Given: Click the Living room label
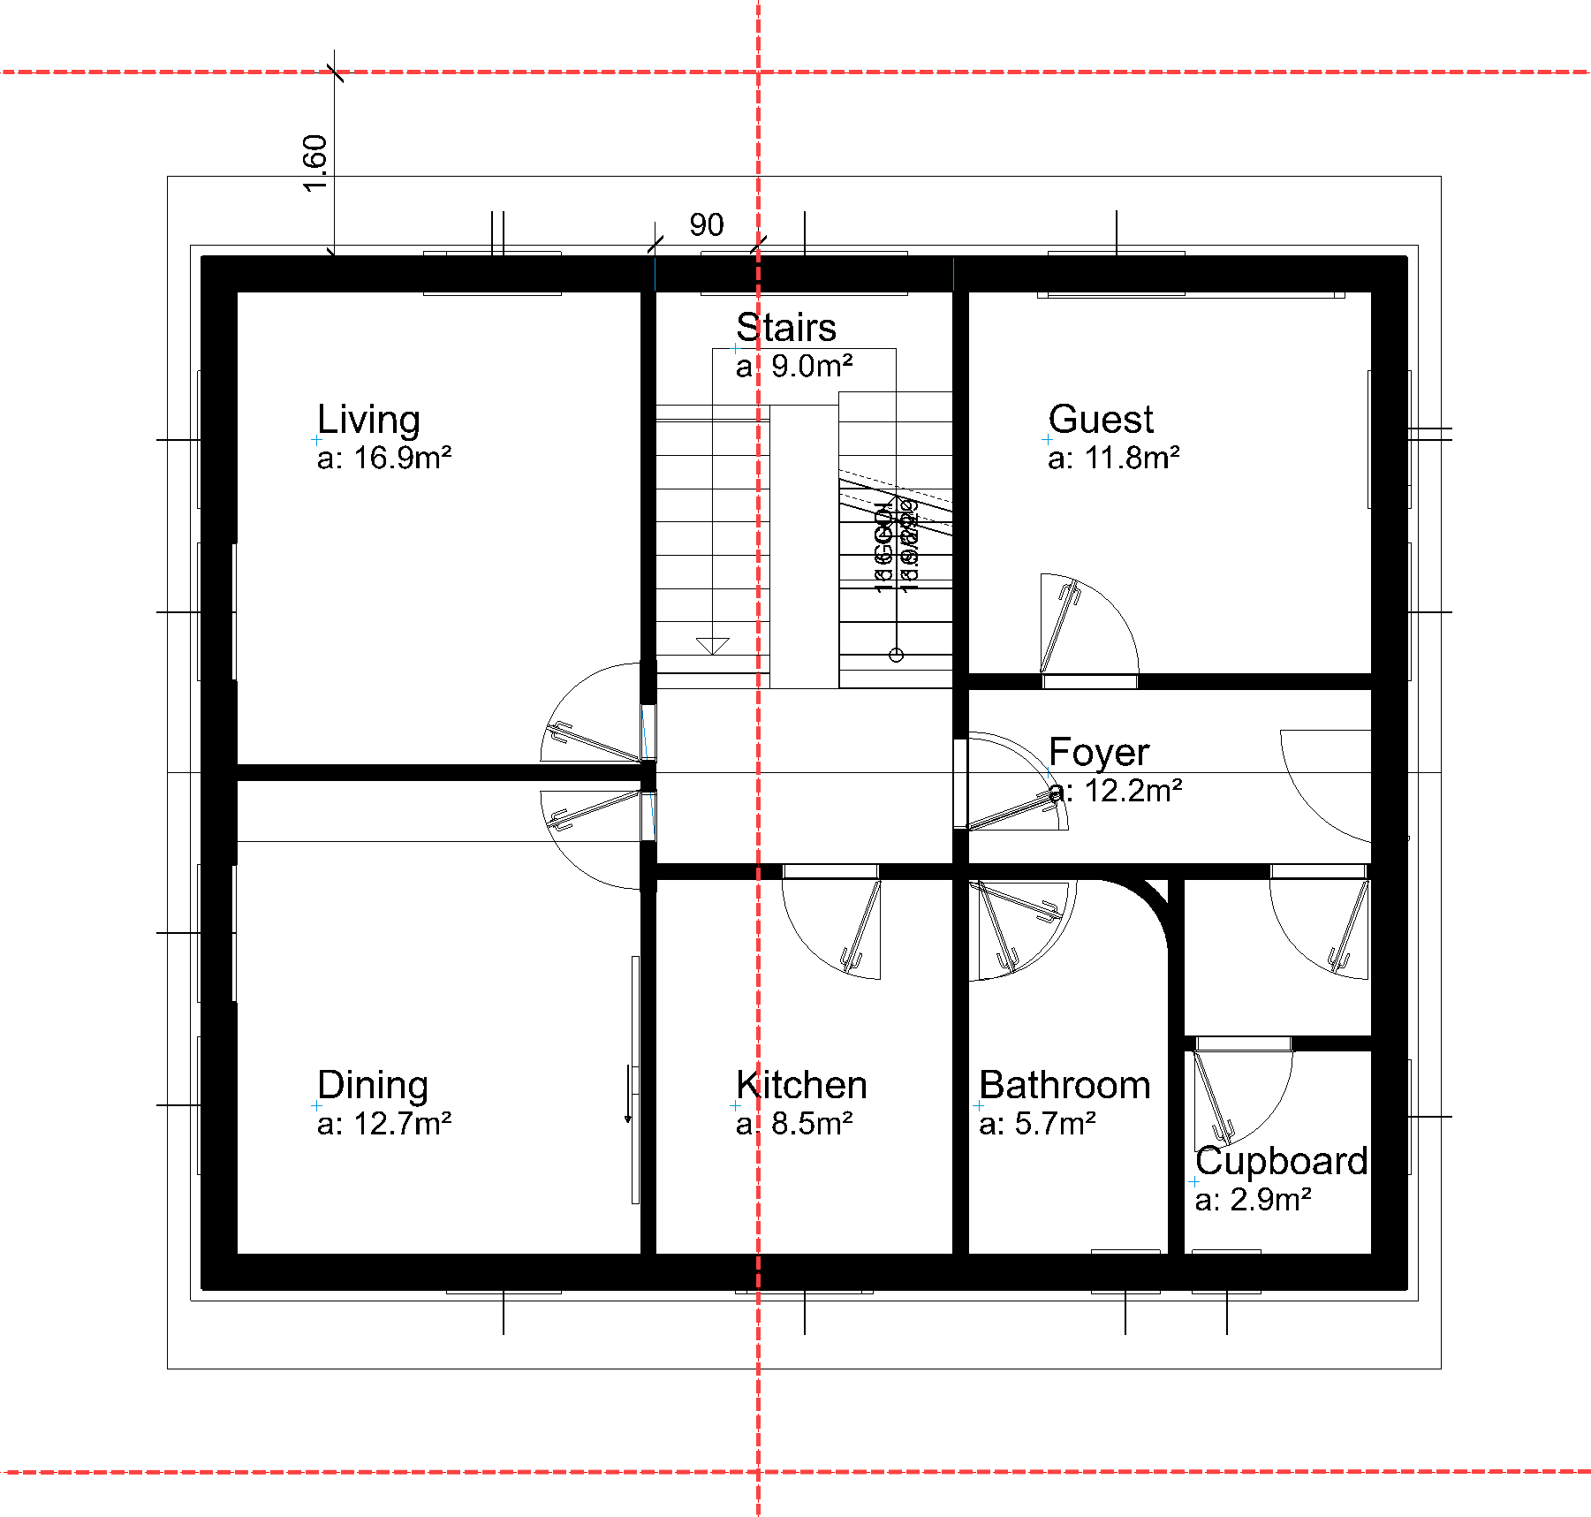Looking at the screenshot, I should pos(368,420).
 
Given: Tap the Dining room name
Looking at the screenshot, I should pos(372,1085).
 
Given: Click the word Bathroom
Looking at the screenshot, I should pos(1064,1085).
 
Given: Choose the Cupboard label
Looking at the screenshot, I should pos(1281,1161).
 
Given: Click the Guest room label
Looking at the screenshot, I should pos(1101,420).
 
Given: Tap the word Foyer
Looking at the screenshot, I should pos(1099,753).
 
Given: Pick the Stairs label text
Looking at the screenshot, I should pos(786,328).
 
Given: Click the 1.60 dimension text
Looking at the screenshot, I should pos(315,163).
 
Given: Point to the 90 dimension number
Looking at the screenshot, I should pos(707,225).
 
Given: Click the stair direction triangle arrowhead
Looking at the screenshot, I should pos(712,646).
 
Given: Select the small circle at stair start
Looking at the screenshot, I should pos(896,655).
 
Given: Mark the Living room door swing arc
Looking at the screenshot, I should pos(565,698).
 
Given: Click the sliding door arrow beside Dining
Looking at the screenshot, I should pos(628,1096).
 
